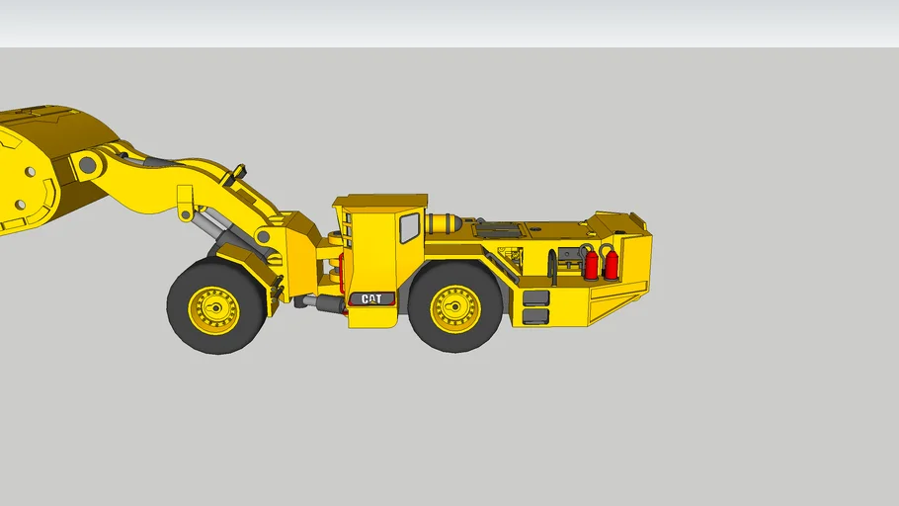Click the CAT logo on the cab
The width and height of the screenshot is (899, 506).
(x=371, y=298)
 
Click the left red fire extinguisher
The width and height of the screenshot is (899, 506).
(x=592, y=264)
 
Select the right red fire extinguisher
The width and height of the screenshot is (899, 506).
(x=612, y=263)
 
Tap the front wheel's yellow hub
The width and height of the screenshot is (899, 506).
(x=215, y=309)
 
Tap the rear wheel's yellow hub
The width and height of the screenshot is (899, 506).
(x=455, y=308)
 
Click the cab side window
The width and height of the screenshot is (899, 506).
(x=409, y=228)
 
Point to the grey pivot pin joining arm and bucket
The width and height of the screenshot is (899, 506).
(x=88, y=164)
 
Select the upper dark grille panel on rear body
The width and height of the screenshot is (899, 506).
(x=535, y=297)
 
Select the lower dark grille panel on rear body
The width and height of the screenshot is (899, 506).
(x=535, y=316)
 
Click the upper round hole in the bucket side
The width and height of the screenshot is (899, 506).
(x=31, y=172)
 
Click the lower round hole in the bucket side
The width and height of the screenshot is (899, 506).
(x=19, y=205)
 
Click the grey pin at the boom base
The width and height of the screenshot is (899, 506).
(x=264, y=237)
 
